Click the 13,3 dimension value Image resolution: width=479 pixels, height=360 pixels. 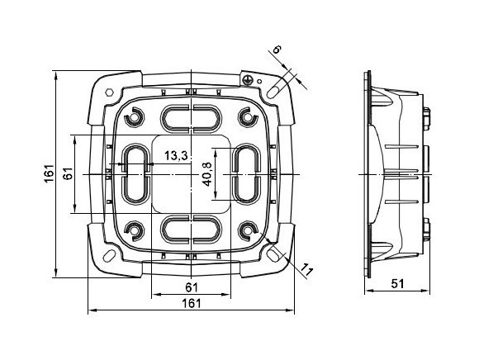[x=176, y=156]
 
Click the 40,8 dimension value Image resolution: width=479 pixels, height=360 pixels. [x=207, y=174]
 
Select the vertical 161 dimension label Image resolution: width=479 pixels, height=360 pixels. [x=49, y=173]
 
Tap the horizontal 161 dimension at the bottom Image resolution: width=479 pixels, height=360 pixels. [x=192, y=304]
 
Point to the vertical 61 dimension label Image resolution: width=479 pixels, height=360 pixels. [x=68, y=173]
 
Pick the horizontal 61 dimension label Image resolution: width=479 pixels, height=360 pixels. [x=192, y=287]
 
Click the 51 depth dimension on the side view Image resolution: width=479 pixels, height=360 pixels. [x=397, y=284]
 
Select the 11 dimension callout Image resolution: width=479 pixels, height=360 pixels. [x=306, y=270]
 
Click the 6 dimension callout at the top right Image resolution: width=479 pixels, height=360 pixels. [x=277, y=49]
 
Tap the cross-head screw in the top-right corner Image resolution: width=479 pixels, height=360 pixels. [x=248, y=80]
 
